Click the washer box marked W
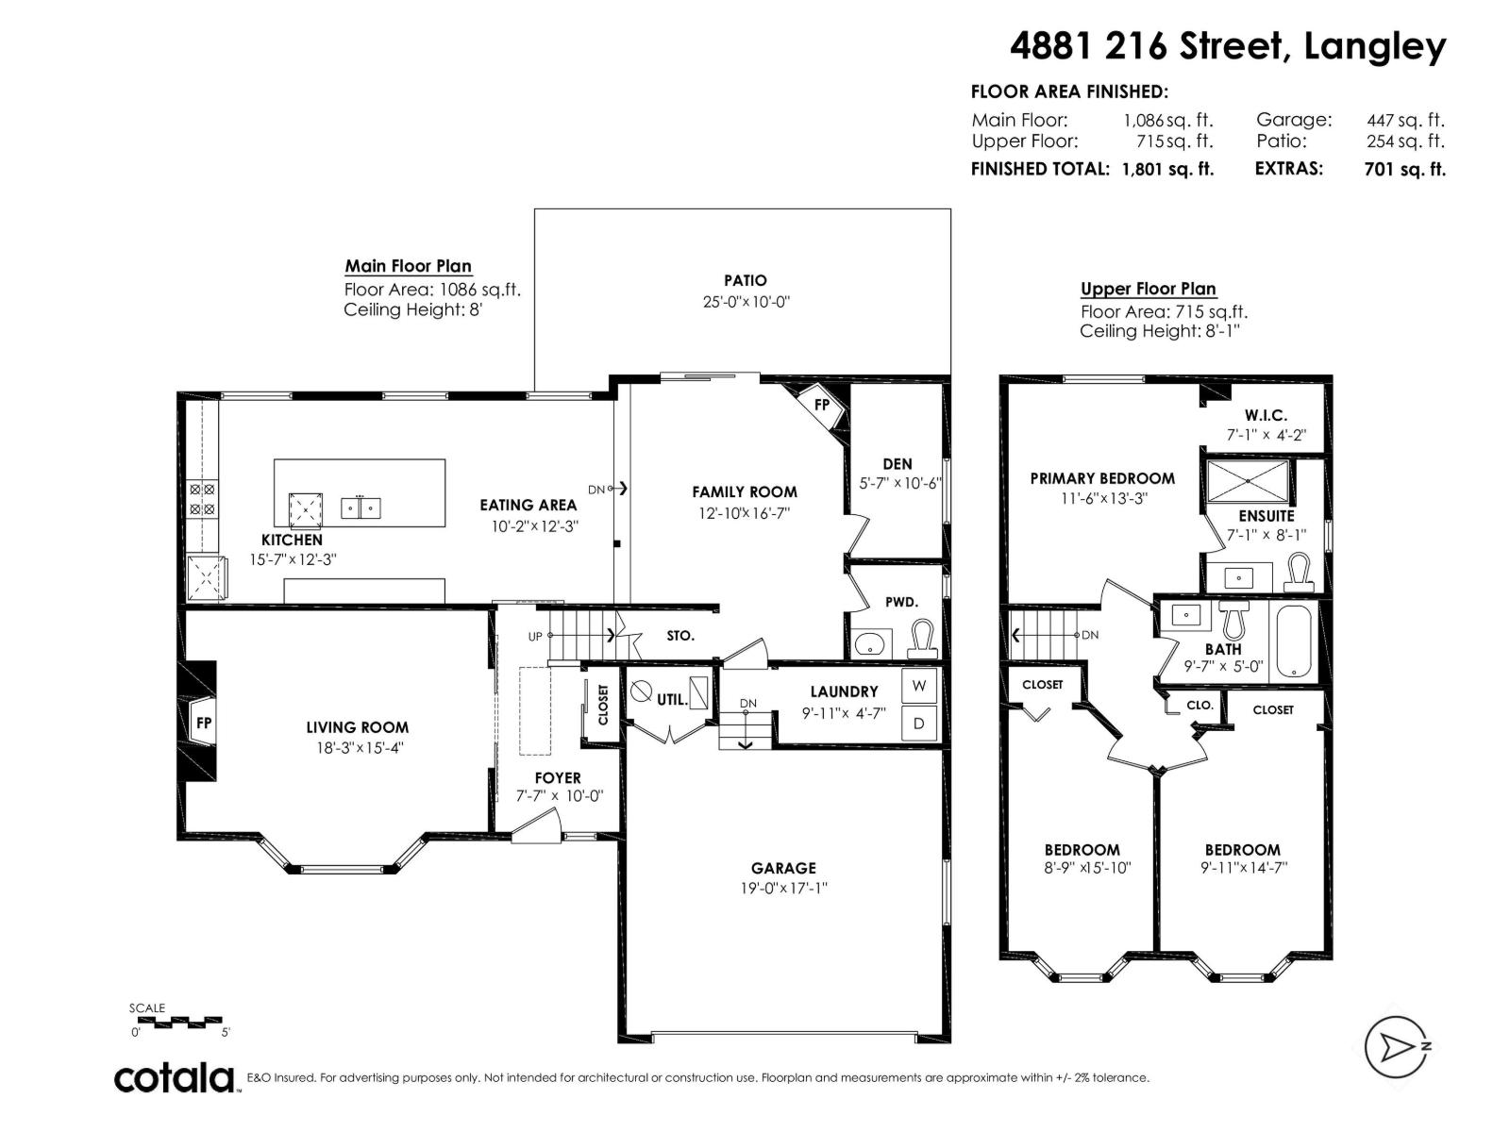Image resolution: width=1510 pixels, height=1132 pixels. click(x=918, y=685)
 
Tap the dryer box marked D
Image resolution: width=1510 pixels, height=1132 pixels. click(x=918, y=723)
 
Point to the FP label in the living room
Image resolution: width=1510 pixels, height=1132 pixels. click(x=204, y=723)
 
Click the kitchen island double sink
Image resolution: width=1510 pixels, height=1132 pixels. click(x=361, y=508)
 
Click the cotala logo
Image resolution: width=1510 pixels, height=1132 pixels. click(x=176, y=1078)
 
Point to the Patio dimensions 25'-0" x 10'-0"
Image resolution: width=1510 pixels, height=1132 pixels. click(x=746, y=302)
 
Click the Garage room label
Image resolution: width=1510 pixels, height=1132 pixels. click(x=783, y=868)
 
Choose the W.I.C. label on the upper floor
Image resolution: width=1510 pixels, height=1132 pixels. click(x=1266, y=415)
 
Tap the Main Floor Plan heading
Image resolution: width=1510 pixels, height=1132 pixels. click(x=408, y=266)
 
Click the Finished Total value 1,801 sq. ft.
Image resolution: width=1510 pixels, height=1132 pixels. click(x=1167, y=169)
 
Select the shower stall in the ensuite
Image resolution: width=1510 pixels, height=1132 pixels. click(x=1248, y=482)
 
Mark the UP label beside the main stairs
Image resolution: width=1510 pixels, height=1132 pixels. click(x=535, y=637)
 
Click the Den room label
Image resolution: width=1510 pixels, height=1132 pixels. click(x=898, y=464)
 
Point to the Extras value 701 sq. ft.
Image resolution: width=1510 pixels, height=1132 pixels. click(x=1404, y=169)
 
